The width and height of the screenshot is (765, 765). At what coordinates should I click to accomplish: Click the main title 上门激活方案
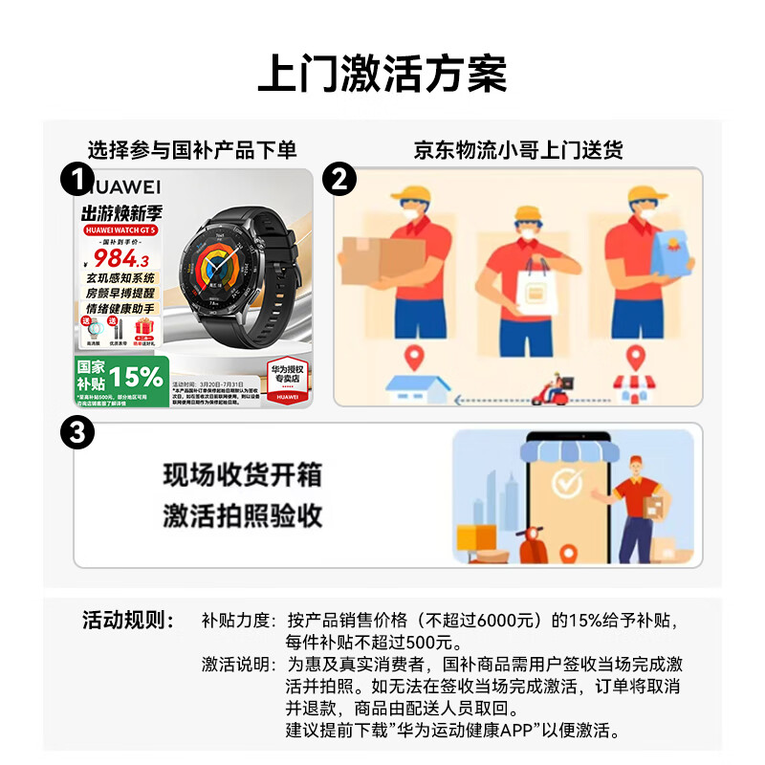pyautogui.click(x=382, y=75)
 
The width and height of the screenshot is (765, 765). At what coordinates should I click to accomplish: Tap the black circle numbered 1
pyautogui.click(x=77, y=179)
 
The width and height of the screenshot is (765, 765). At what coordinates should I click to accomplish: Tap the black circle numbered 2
pyautogui.click(x=339, y=179)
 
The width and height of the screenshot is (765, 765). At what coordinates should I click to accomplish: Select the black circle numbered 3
pyautogui.click(x=77, y=433)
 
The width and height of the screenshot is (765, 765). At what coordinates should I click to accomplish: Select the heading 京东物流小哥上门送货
pyautogui.click(x=517, y=150)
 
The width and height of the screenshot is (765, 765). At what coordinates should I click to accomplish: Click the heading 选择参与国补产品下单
pyautogui.click(x=192, y=150)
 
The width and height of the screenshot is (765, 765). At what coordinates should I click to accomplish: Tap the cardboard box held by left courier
pyautogui.click(x=383, y=258)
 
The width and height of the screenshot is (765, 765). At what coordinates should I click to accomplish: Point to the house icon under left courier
pyautogui.click(x=415, y=387)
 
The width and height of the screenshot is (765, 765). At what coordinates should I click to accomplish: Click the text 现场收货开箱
pyautogui.click(x=242, y=475)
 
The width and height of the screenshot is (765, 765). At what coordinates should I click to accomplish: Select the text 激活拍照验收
pyautogui.click(x=242, y=516)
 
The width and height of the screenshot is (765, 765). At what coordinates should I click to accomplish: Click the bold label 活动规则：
pyautogui.click(x=128, y=620)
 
